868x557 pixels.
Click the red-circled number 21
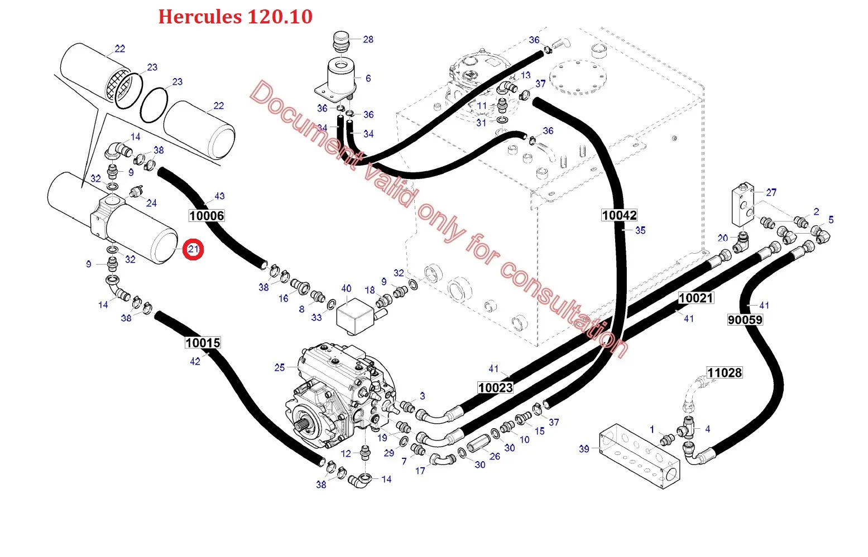coord(193,249)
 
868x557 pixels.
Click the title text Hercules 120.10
coord(235,17)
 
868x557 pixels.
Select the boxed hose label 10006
coord(207,216)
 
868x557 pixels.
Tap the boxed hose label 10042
coord(619,215)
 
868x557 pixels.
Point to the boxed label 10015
coord(203,342)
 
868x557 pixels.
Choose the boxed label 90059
coord(745,319)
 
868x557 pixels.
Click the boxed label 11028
coord(724,373)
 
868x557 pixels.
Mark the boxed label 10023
coord(495,388)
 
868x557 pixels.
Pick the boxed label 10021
coord(696,298)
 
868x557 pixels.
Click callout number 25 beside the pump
coord(280,367)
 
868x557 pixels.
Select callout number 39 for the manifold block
coord(584,449)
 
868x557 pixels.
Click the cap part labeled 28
coord(341,41)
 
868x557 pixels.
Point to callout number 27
coord(771,192)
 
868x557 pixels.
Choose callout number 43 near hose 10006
coord(219,196)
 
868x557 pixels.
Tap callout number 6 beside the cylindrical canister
coord(368,78)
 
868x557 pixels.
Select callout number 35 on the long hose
coord(640,230)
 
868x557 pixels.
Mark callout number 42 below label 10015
coord(195,361)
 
